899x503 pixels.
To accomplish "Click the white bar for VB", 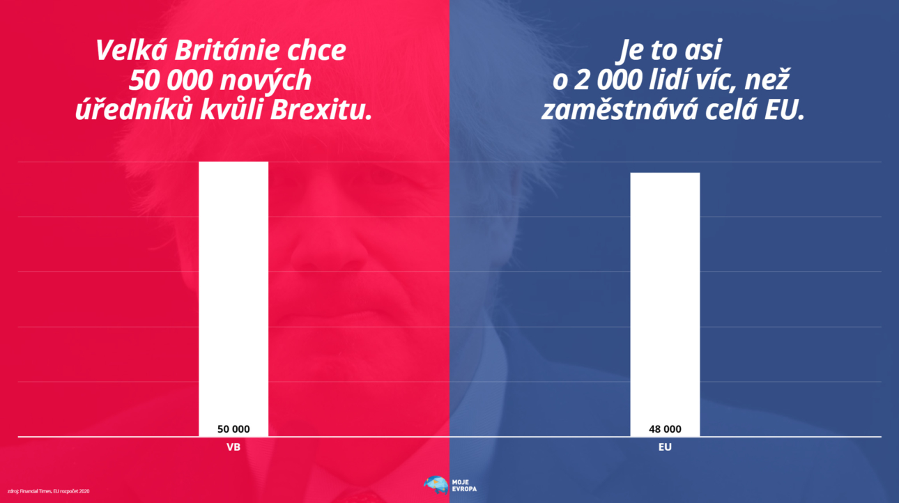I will pos(233,293).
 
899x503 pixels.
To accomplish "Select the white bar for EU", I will pos(665,300).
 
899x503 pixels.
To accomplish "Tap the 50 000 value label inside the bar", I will pos(233,429).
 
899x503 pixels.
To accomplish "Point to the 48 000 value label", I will pos(665,429).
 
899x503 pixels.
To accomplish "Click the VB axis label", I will pos(233,447).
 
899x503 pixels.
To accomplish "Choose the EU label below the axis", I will pos(665,447).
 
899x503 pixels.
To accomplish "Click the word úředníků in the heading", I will pos(125,111).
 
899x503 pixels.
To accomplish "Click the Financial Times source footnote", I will pos(48,491).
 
